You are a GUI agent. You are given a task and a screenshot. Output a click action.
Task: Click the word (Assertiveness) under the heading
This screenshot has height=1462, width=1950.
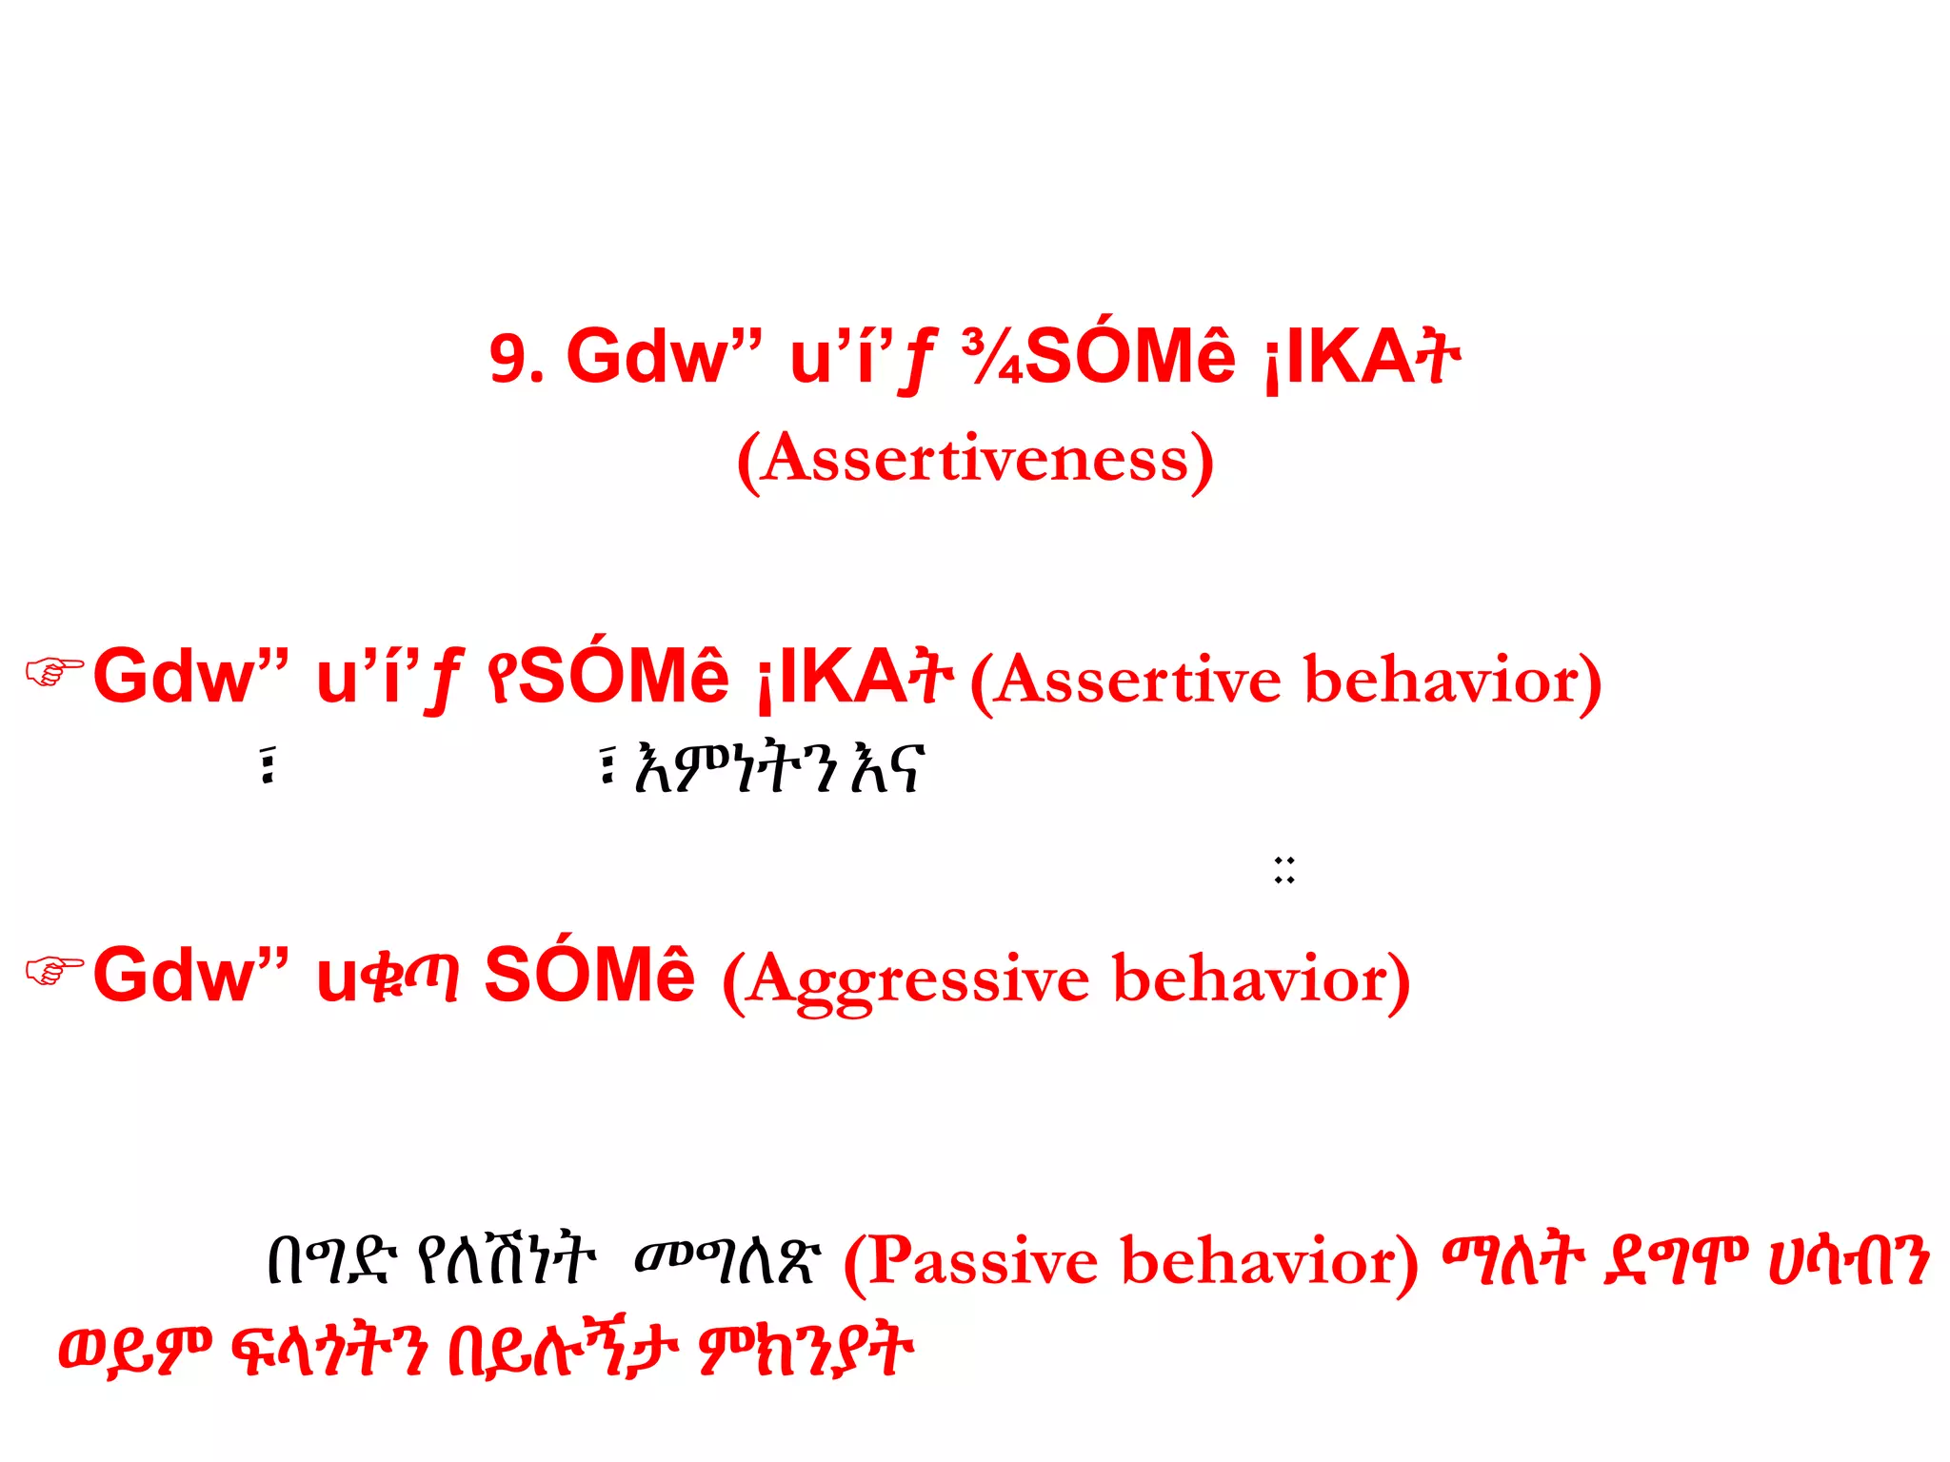pos(975,460)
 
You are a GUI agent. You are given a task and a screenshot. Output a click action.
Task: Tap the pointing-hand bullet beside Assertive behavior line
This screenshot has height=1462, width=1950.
pos(53,672)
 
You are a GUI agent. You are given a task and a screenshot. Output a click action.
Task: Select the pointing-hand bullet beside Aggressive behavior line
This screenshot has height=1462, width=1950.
pos(53,971)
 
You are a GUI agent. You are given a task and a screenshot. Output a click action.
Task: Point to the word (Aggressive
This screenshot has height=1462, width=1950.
pos(905,981)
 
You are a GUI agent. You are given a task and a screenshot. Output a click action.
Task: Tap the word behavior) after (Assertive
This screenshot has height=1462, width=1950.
pos(1452,682)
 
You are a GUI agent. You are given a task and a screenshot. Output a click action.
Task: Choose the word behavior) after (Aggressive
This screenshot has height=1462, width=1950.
pos(1261,981)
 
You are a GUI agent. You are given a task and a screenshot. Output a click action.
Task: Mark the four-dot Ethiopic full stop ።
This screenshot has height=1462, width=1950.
pos(1284,870)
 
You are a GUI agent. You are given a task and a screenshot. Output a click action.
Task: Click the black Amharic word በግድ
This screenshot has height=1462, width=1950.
pos(328,1260)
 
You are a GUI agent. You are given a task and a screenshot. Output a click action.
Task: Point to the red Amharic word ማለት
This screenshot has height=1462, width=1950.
pos(1513,1260)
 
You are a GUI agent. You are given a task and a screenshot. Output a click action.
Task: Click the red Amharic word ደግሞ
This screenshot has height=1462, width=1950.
pos(1675,1260)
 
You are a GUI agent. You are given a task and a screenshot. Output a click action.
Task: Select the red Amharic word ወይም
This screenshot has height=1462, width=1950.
pos(134,1350)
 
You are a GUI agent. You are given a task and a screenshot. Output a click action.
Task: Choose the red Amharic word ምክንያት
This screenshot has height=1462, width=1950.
pos(806,1350)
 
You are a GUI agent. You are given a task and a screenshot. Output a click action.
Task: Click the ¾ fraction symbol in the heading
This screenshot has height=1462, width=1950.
pos(991,358)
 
